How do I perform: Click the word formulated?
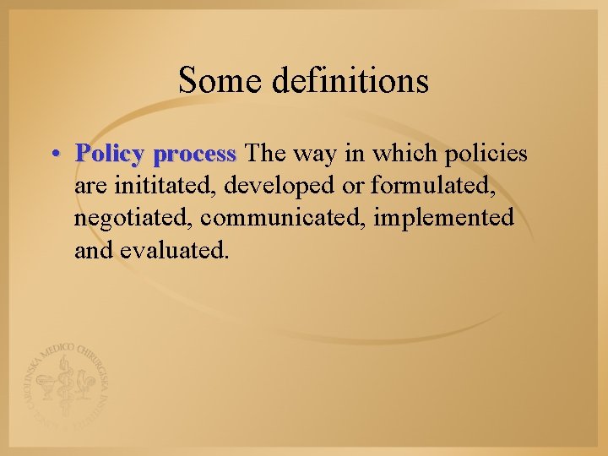pyautogui.click(x=444, y=186)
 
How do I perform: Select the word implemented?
pyautogui.click(x=444, y=218)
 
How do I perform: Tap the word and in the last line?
pyautogui.click(x=93, y=250)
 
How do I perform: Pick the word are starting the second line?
pyautogui.click(x=90, y=187)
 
